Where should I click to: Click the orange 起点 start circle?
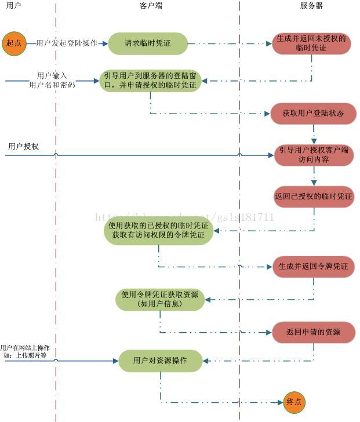click(14, 43)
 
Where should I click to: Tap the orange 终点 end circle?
click(294, 402)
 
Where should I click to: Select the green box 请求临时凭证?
click(148, 43)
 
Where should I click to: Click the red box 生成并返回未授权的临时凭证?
click(311, 43)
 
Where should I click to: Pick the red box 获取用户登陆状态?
click(312, 113)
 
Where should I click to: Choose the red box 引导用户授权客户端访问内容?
click(313, 155)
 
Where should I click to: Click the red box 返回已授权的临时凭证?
click(313, 197)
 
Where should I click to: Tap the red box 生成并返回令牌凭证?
click(313, 267)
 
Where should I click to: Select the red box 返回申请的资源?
click(313, 332)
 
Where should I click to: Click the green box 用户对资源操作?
click(160, 361)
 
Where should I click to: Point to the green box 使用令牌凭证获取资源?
click(160, 299)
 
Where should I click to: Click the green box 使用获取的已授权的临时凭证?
click(158, 230)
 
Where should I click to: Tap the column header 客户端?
click(150, 6)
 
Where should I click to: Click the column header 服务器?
click(311, 6)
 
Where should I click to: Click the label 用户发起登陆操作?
click(71, 43)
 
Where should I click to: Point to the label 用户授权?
click(23, 147)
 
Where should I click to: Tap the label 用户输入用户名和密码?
click(52, 81)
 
